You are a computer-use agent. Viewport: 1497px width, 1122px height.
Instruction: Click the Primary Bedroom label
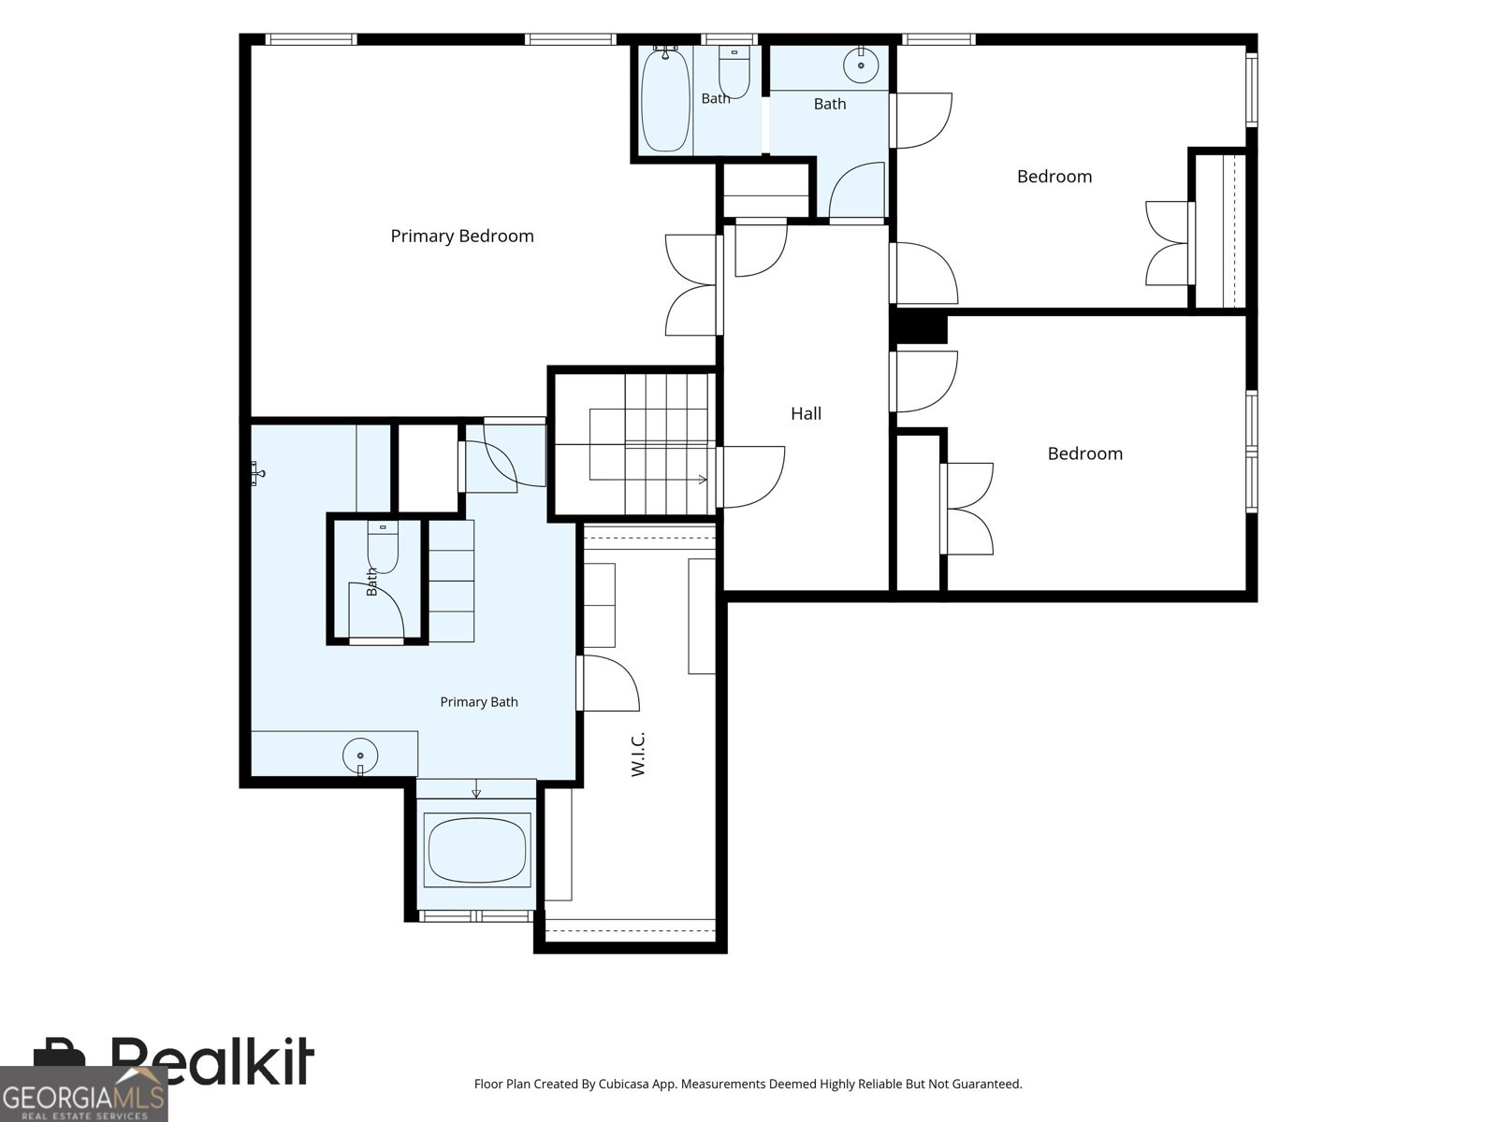click(461, 237)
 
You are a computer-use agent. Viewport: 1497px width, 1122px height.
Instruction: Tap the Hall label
click(806, 413)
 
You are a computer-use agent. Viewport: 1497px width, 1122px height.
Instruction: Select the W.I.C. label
click(638, 755)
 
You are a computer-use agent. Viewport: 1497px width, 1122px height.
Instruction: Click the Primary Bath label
click(479, 701)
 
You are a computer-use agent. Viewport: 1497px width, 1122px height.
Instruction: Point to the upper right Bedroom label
click(1054, 177)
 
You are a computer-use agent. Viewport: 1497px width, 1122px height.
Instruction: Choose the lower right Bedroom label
click(1085, 453)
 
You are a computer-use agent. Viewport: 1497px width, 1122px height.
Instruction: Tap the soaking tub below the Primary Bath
click(477, 850)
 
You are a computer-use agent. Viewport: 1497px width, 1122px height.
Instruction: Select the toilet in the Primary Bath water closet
click(383, 547)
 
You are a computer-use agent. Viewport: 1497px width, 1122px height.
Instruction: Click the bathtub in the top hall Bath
click(665, 99)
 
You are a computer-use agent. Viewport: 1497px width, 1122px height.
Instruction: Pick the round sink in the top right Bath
click(861, 65)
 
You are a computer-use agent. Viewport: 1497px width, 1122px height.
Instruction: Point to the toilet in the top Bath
click(734, 72)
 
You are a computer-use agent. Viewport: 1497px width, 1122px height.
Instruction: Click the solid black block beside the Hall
click(919, 328)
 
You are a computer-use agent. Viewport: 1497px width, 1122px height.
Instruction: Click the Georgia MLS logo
click(83, 1094)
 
